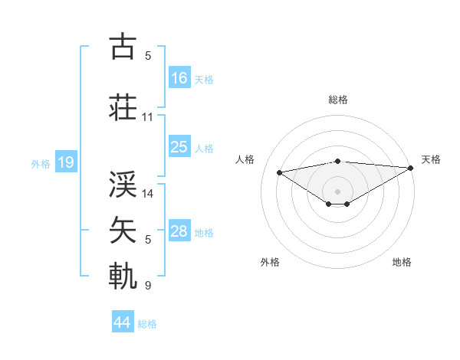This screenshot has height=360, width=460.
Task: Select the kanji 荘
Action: click(x=123, y=107)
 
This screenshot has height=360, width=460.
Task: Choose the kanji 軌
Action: click(x=123, y=275)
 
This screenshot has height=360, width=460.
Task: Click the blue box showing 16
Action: click(x=179, y=78)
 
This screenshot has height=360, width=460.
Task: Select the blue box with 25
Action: click(x=179, y=147)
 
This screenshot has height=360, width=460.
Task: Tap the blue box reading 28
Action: click(x=179, y=231)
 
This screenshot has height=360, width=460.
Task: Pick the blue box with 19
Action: click(x=65, y=162)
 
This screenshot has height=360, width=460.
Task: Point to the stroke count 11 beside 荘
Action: click(x=148, y=117)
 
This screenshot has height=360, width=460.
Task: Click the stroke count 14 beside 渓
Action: click(x=149, y=193)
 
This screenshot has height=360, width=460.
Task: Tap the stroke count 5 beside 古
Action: click(x=148, y=56)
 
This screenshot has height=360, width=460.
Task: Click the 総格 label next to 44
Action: click(x=147, y=324)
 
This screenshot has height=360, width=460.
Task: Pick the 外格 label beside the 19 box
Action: click(x=40, y=163)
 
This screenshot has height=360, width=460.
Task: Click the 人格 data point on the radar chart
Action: click(x=279, y=172)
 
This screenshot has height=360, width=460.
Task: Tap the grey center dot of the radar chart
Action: click(x=337, y=191)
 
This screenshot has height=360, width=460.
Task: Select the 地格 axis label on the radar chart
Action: click(x=402, y=262)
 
